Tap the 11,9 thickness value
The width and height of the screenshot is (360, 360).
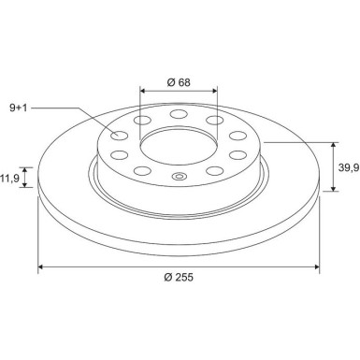pos(11,176)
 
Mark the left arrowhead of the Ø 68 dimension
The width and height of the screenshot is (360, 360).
pos(143,91)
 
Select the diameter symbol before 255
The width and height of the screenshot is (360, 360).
pos(165,278)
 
